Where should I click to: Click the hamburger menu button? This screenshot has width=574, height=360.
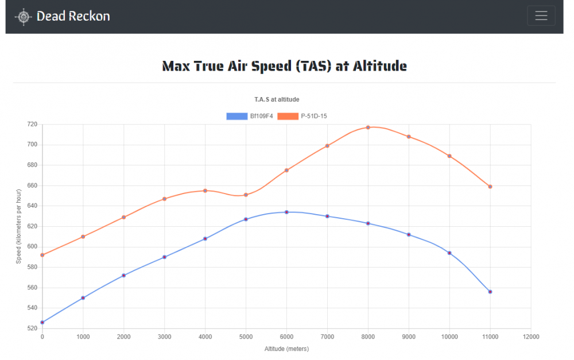(x=541, y=16)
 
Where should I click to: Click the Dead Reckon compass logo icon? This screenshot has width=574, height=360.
(x=24, y=17)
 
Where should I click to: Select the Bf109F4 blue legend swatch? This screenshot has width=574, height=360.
(x=237, y=116)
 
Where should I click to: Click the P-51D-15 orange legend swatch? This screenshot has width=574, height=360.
(x=288, y=116)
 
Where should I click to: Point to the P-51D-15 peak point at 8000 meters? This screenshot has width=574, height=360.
(x=368, y=127)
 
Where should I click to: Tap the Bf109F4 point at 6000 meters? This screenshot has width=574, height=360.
(x=286, y=212)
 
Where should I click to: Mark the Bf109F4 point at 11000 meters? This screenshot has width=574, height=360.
(x=490, y=292)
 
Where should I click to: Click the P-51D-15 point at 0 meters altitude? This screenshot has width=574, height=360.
(x=42, y=255)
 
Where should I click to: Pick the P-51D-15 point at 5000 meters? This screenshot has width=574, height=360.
(x=246, y=195)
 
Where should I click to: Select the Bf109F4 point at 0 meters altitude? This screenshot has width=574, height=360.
(x=42, y=322)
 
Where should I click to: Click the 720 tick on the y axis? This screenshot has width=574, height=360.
(x=32, y=124)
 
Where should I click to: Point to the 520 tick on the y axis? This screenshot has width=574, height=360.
(x=32, y=328)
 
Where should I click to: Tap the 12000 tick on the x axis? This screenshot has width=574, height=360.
(x=530, y=336)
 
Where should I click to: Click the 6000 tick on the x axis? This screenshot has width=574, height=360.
(x=286, y=336)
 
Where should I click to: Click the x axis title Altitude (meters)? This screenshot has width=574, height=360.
(x=286, y=349)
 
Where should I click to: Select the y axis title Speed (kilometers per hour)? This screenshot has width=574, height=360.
(x=18, y=226)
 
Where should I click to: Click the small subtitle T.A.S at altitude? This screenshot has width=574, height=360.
(x=277, y=99)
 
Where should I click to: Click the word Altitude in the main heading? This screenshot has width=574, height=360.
(x=379, y=66)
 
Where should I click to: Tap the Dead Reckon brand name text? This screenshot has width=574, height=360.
(x=73, y=16)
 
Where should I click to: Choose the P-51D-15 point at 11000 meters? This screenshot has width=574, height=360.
(x=490, y=187)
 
